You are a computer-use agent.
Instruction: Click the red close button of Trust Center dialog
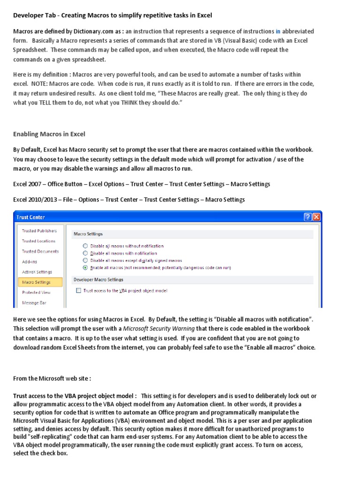pos(316,217)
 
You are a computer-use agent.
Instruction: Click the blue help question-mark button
pos(308,217)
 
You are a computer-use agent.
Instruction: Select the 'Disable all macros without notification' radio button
pos(85,246)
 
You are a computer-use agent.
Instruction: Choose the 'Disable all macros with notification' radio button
pos(85,253)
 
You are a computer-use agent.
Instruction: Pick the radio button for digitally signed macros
pos(85,260)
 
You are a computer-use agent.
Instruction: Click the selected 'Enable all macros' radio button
pos(85,268)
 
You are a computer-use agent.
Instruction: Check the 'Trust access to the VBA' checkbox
pos(78,291)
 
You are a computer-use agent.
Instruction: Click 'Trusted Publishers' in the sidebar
pos(39,231)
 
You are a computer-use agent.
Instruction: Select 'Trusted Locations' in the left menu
pos(38,241)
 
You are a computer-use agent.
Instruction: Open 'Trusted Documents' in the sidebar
pos(40,251)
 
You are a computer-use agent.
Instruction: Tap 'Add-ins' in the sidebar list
pos(30,262)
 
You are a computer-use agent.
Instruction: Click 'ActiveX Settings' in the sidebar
pos(37,272)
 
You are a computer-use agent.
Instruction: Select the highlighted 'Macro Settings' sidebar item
pos(36,282)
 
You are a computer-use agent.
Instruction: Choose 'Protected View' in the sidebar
pos(36,292)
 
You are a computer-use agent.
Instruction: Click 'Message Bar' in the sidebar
pos(34,303)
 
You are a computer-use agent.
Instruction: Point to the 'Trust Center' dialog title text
pos(31,217)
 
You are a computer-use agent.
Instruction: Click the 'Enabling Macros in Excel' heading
pos(49,134)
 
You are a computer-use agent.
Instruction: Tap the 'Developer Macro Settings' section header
pos(98,279)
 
